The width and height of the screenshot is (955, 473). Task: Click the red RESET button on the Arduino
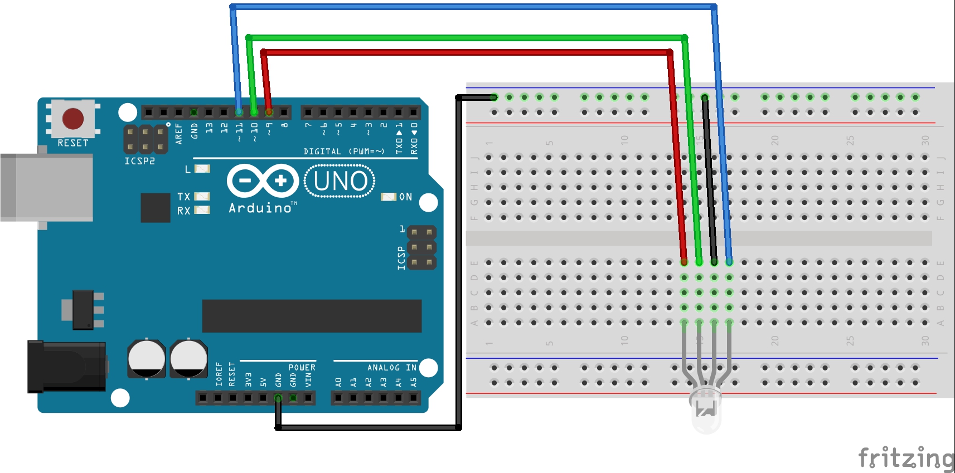[73, 118]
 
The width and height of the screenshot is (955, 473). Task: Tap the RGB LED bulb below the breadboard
[706, 411]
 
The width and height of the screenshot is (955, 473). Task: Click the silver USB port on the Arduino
[47, 187]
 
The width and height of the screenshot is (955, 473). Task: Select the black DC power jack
[67, 365]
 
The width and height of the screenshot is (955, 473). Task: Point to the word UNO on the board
[340, 181]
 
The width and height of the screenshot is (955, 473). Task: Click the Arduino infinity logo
[262, 181]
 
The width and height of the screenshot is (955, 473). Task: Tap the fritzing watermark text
[905, 458]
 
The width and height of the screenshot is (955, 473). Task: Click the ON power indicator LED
[388, 197]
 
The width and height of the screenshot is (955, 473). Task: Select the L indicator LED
[202, 168]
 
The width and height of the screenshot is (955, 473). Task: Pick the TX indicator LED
[202, 196]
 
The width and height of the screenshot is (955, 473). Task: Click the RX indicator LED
[202, 210]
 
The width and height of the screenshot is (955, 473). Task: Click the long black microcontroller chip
[312, 316]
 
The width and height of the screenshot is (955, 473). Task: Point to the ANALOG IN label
[391, 368]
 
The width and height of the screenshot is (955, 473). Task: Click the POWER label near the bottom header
[302, 368]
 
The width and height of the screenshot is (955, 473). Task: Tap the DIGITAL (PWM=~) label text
[344, 152]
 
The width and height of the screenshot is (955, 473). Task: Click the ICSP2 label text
[139, 161]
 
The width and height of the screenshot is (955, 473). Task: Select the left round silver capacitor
[147, 359]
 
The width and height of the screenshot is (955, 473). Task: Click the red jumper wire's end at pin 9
[269, 111]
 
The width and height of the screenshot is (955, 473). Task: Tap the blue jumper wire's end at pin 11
[239, 111]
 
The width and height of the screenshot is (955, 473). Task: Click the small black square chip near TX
[156, 207]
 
